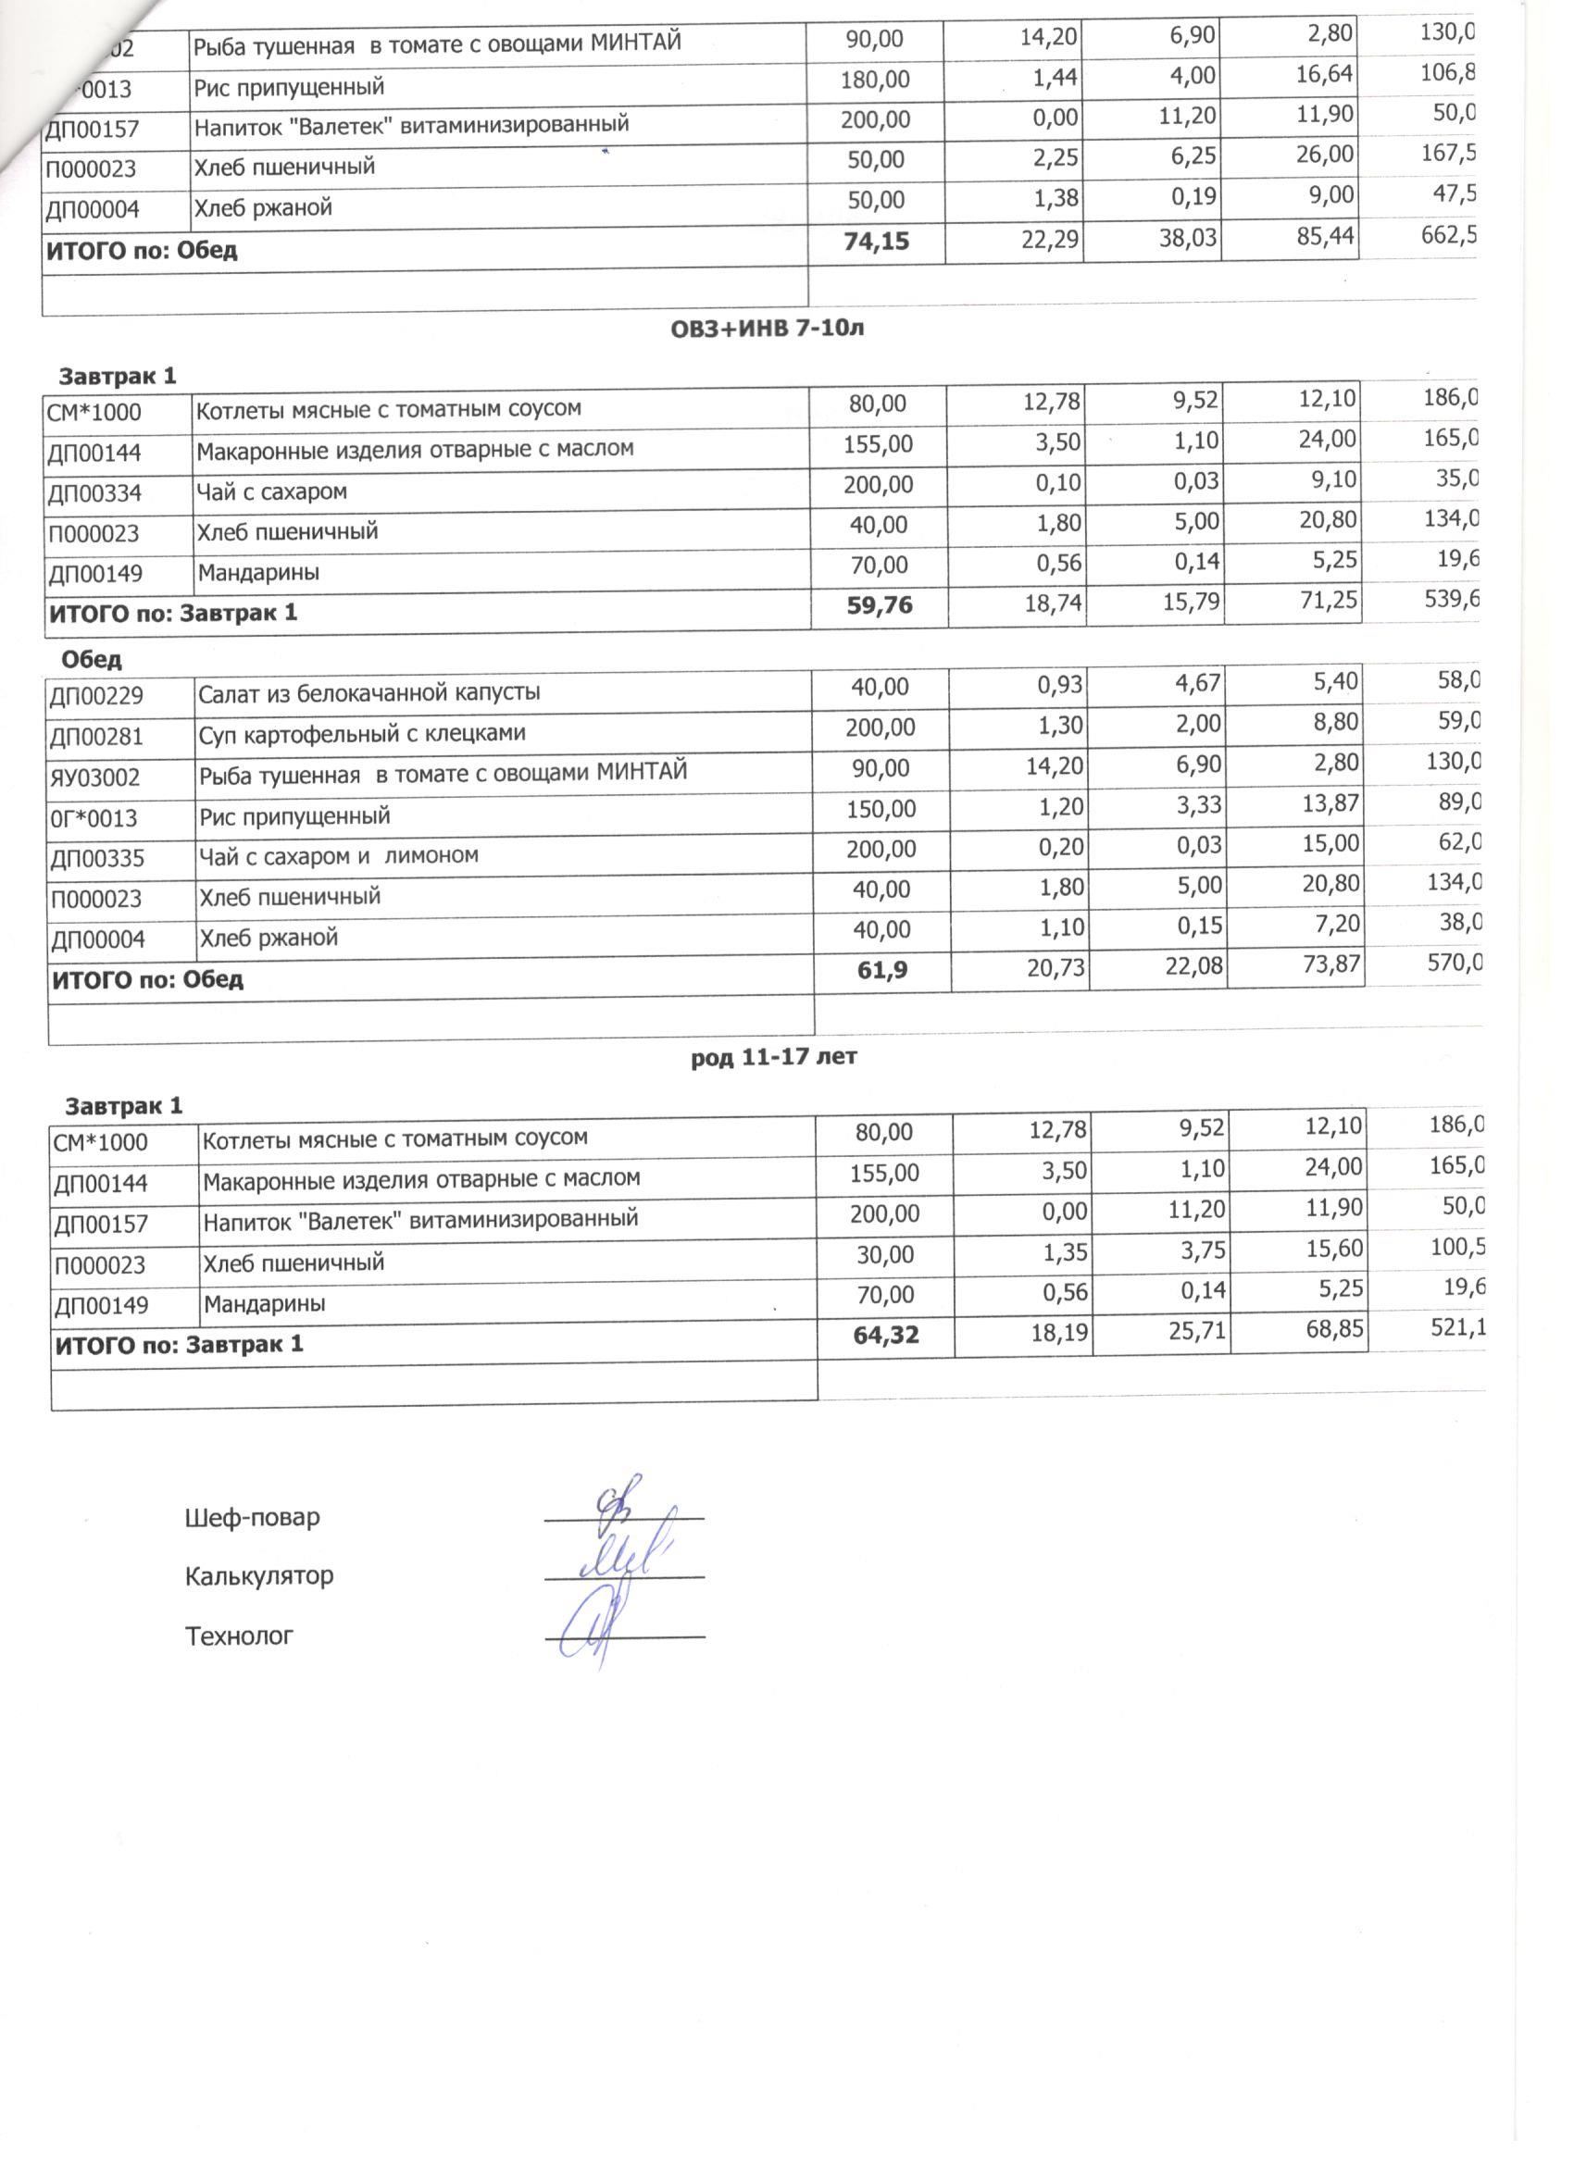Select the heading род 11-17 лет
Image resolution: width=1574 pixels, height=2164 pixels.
click(773, 1057)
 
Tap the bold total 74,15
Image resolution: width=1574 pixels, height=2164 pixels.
click(876, 242)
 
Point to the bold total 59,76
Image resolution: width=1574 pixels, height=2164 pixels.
click(879, 604)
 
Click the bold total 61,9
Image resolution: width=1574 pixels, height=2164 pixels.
click(883, 970)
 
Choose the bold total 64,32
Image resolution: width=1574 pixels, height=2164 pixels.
click(886, 1335)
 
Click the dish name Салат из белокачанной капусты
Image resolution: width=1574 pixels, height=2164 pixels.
click(369, 692)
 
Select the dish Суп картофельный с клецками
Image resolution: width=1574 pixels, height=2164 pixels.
click(362, 734)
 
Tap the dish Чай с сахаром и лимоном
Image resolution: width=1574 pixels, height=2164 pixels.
click(338, 856)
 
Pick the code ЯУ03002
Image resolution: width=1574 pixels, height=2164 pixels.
click(94, 777)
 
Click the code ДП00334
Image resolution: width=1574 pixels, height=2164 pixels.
click(94, 493)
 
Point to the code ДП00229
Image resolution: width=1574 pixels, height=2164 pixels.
click(95, 696)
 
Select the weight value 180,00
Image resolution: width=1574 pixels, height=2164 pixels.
click(874, 80)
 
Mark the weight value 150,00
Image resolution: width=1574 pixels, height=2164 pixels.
click(881, 809)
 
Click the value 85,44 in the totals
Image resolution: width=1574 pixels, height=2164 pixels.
click(1325, 236)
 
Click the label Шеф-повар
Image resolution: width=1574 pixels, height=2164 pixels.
click(252, 1517)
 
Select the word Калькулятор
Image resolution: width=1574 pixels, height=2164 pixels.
click(258, 1575)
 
